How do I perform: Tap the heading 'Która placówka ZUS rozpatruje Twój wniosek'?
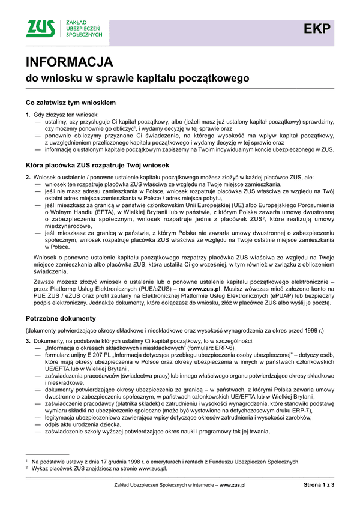(x=97, y=164)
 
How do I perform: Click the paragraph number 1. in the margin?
(x=28, y=114)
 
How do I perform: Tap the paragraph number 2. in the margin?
(x=28, y=176)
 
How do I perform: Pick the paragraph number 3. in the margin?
(x=28, y=341)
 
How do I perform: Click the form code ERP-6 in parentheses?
(x=219, y=348)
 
